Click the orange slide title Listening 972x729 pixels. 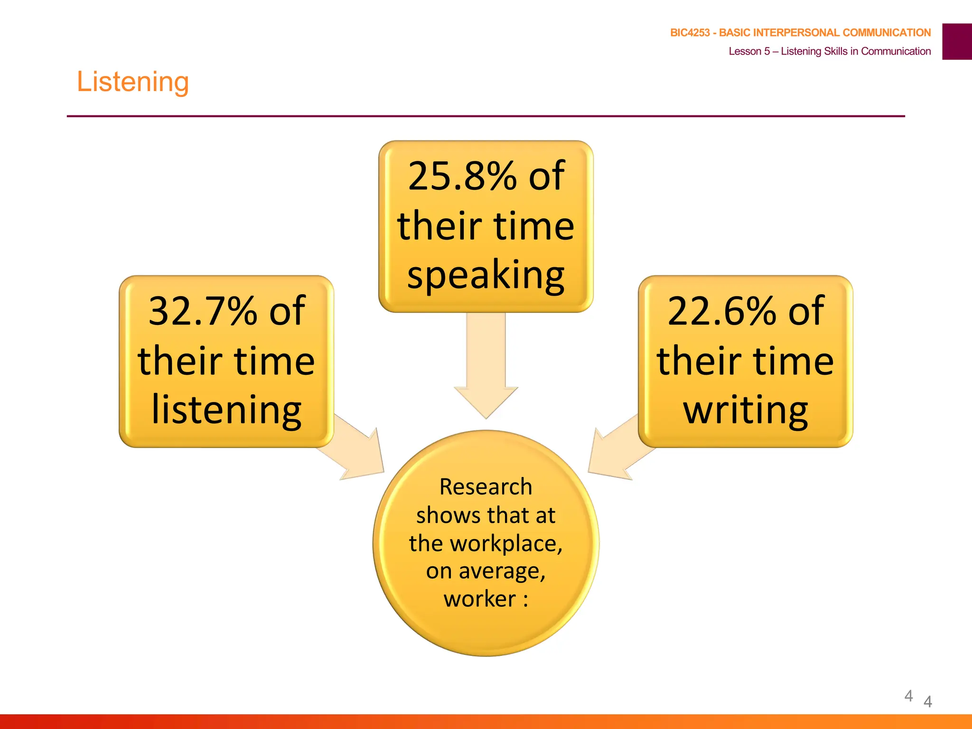tap(133, 82)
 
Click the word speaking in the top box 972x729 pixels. tap(486, 275)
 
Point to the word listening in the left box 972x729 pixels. tap(226, 410)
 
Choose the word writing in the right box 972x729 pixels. tap(746, 410)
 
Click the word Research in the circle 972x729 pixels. tap(486, 487)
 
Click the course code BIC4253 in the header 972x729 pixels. tap(690, 33)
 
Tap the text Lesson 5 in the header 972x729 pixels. tap(749, 51)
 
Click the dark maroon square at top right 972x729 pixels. tap(957, 42)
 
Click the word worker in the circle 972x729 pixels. tap(479, 599)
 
